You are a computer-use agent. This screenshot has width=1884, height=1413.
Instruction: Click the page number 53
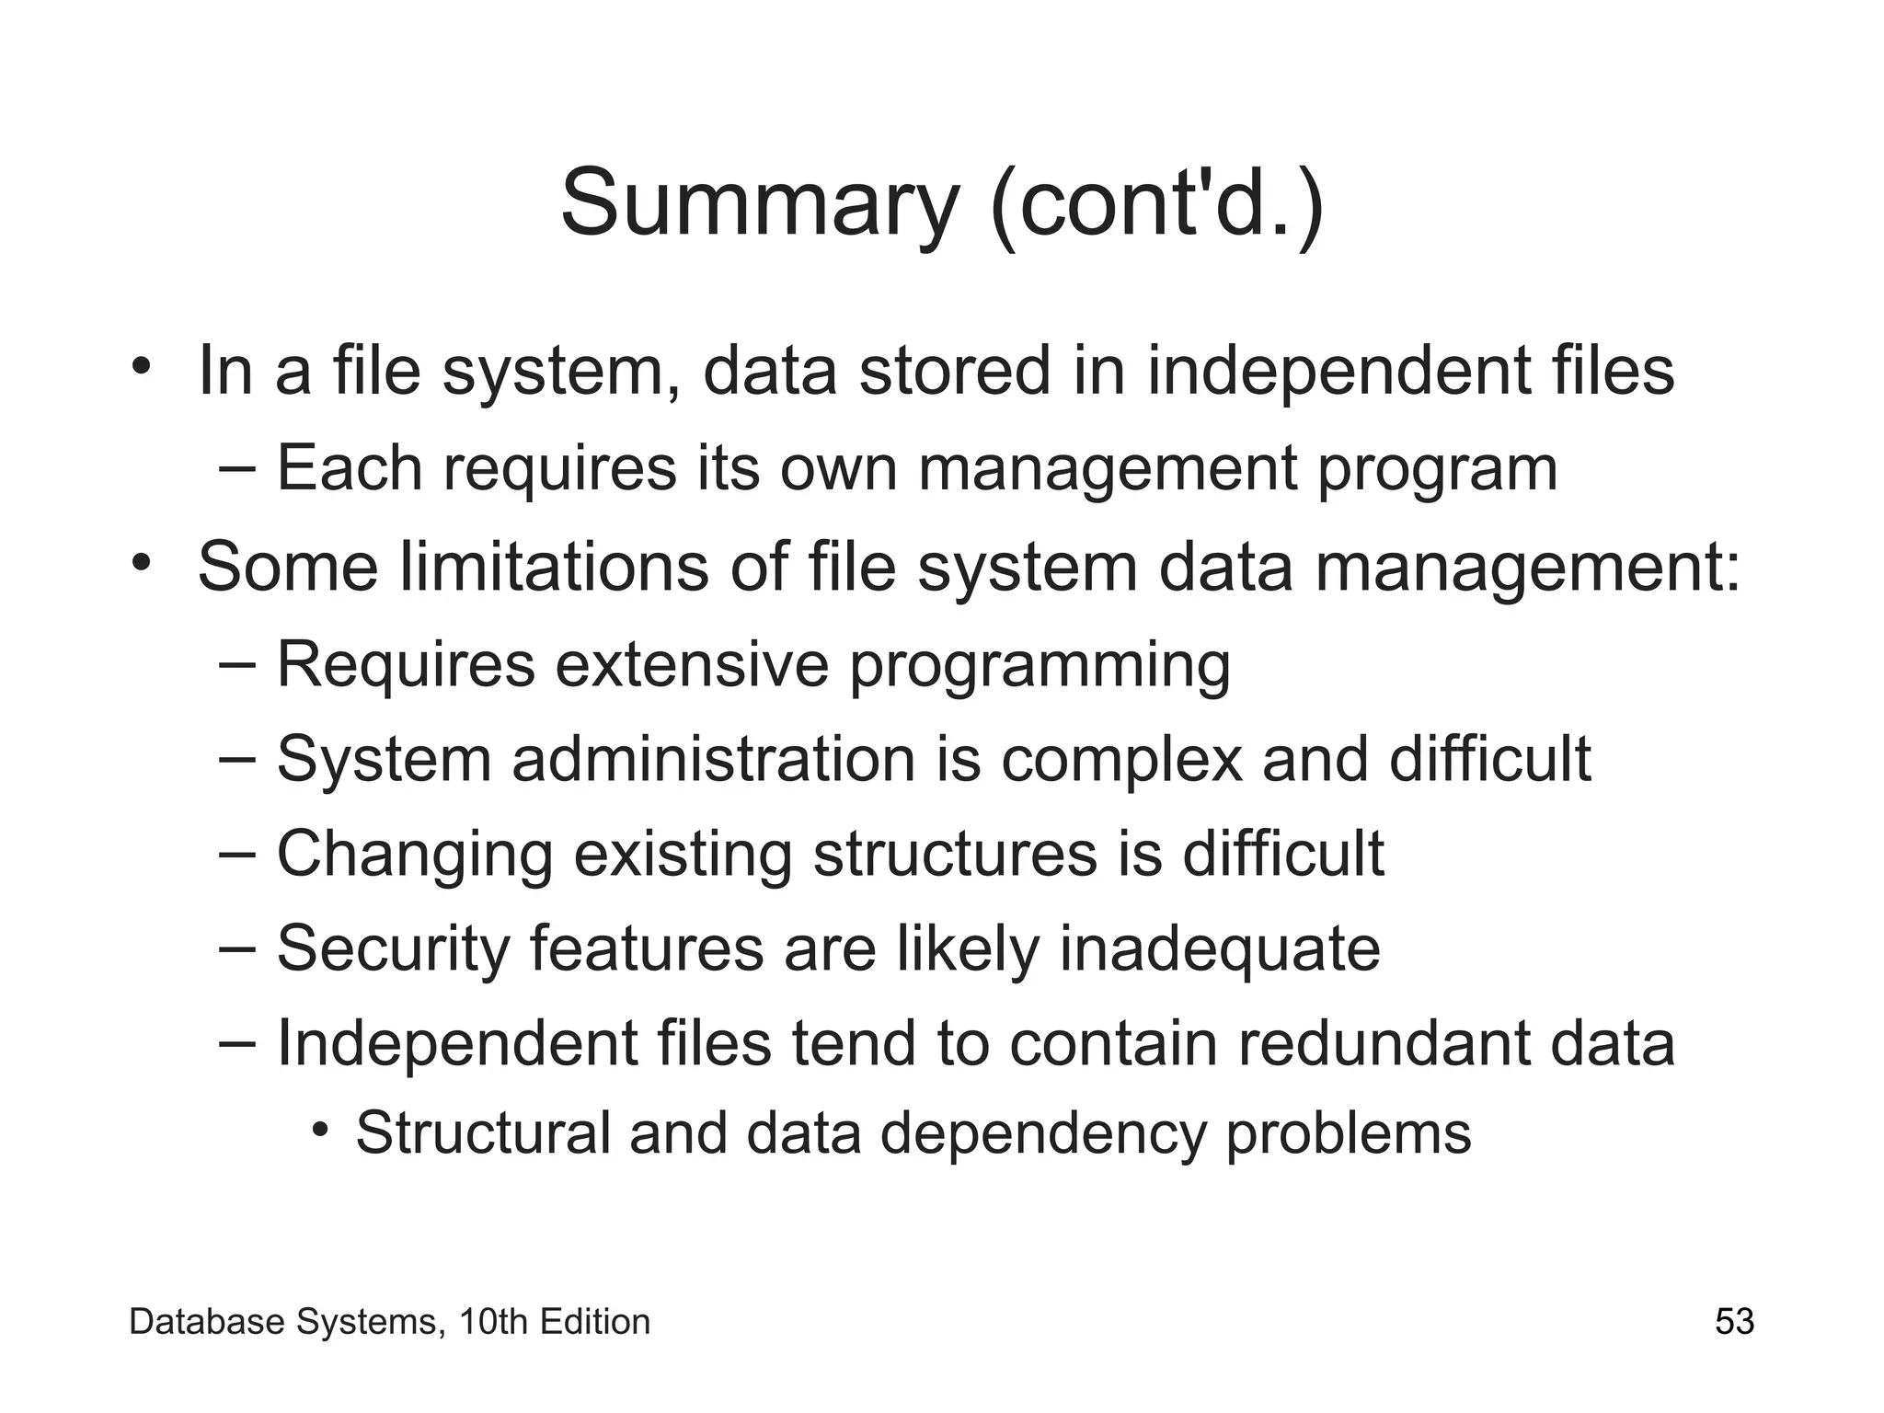pyautogui.click(x=1734, y=1322)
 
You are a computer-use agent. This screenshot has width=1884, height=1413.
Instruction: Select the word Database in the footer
pyautogui.click(x=208, y=1322)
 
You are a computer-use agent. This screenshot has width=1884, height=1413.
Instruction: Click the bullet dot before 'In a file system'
pyautogui.click(x=140, y=365)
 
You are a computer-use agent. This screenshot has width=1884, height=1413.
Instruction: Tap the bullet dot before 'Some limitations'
pyautogui.click(x=140, y=561)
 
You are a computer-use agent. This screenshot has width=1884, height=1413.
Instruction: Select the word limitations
pyautogui.click(x=555, y=567)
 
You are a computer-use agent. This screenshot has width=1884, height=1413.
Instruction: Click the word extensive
pyautogui.click(x=692, y=664)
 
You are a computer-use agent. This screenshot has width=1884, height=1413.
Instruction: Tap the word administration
pyautogui.click(x=714, y=759)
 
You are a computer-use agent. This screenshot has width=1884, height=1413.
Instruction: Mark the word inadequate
pyautogui.click(x=1220, y=949)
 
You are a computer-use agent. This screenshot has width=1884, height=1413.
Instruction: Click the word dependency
pyautogui.click(x=1043, y=1134)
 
